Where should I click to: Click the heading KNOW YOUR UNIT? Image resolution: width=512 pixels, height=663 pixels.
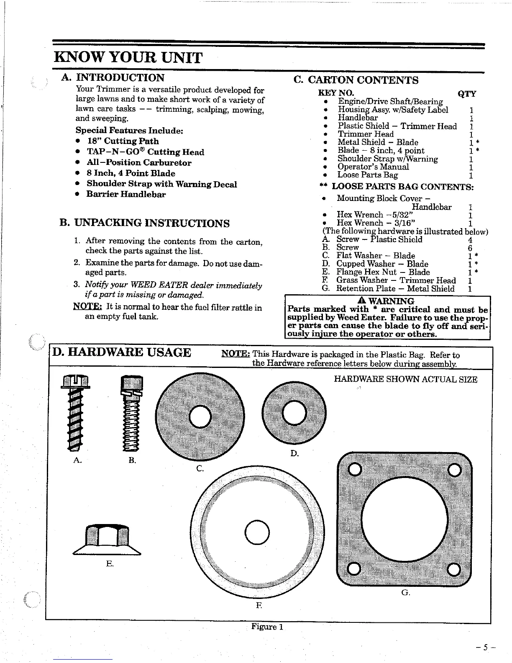tap(128, 57)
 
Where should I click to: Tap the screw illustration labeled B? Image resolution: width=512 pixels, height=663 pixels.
tap(131, 414)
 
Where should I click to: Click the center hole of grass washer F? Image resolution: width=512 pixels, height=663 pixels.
tap(256, 531)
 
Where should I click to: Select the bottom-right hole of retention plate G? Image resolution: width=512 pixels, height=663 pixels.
tap(453, 570)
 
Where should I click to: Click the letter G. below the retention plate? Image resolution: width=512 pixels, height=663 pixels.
tap(405, 593)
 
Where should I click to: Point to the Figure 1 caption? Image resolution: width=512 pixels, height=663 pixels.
tap(267, 627)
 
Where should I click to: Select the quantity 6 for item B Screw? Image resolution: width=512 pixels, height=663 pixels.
tap(470, 247)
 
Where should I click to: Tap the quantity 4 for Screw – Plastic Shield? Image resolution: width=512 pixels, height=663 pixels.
tap(470, 239)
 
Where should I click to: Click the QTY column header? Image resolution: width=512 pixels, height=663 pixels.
tap(466, 94)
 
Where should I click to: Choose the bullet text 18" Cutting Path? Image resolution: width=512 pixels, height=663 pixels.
tap(123, 141)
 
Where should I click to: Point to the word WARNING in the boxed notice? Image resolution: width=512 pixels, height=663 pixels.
tap(391, 301)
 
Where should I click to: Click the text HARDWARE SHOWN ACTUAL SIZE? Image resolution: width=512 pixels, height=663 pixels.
tap(405, 380)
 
